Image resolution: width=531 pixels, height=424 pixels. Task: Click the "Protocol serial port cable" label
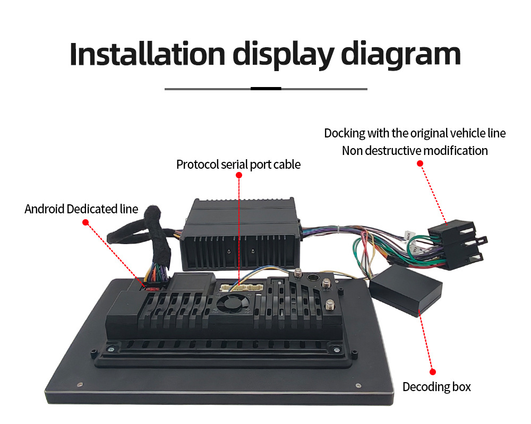tap(238, 165)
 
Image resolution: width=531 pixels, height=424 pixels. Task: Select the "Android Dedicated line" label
tap(81, 209)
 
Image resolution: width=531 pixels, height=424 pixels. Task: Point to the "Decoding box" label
tap(436, 387)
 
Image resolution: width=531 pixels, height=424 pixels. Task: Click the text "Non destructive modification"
tap(415, 151)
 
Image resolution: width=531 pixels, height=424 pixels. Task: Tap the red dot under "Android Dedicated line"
tap(85, 222)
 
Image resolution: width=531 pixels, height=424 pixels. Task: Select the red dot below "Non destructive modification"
tap(419, 163)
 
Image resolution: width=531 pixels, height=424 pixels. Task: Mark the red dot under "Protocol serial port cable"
tap(238, 177)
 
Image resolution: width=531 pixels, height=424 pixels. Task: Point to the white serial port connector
tap(241, 287)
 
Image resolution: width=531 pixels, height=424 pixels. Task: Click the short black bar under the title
tap(265, 89)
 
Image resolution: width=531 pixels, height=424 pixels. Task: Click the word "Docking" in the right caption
tap(345, 133)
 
